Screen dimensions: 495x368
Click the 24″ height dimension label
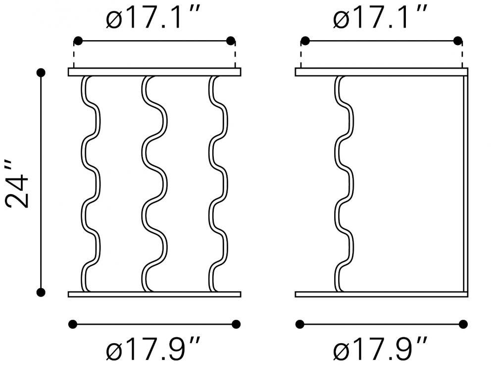click(18, 184)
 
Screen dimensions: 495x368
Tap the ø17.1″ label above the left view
click(153, 17)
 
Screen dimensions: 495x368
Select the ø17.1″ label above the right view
click(380, 17)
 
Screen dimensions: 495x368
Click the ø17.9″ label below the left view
click(153, 348)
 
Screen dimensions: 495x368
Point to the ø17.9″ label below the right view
click(380, 348)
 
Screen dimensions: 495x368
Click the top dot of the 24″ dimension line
click(41, 73)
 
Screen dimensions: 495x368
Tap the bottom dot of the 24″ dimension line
click(41, 293)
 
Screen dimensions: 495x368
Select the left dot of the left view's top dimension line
click(78, 41)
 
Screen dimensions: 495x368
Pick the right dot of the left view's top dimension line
click(231, 41)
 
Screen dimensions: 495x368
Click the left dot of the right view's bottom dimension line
click(300, 324)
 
